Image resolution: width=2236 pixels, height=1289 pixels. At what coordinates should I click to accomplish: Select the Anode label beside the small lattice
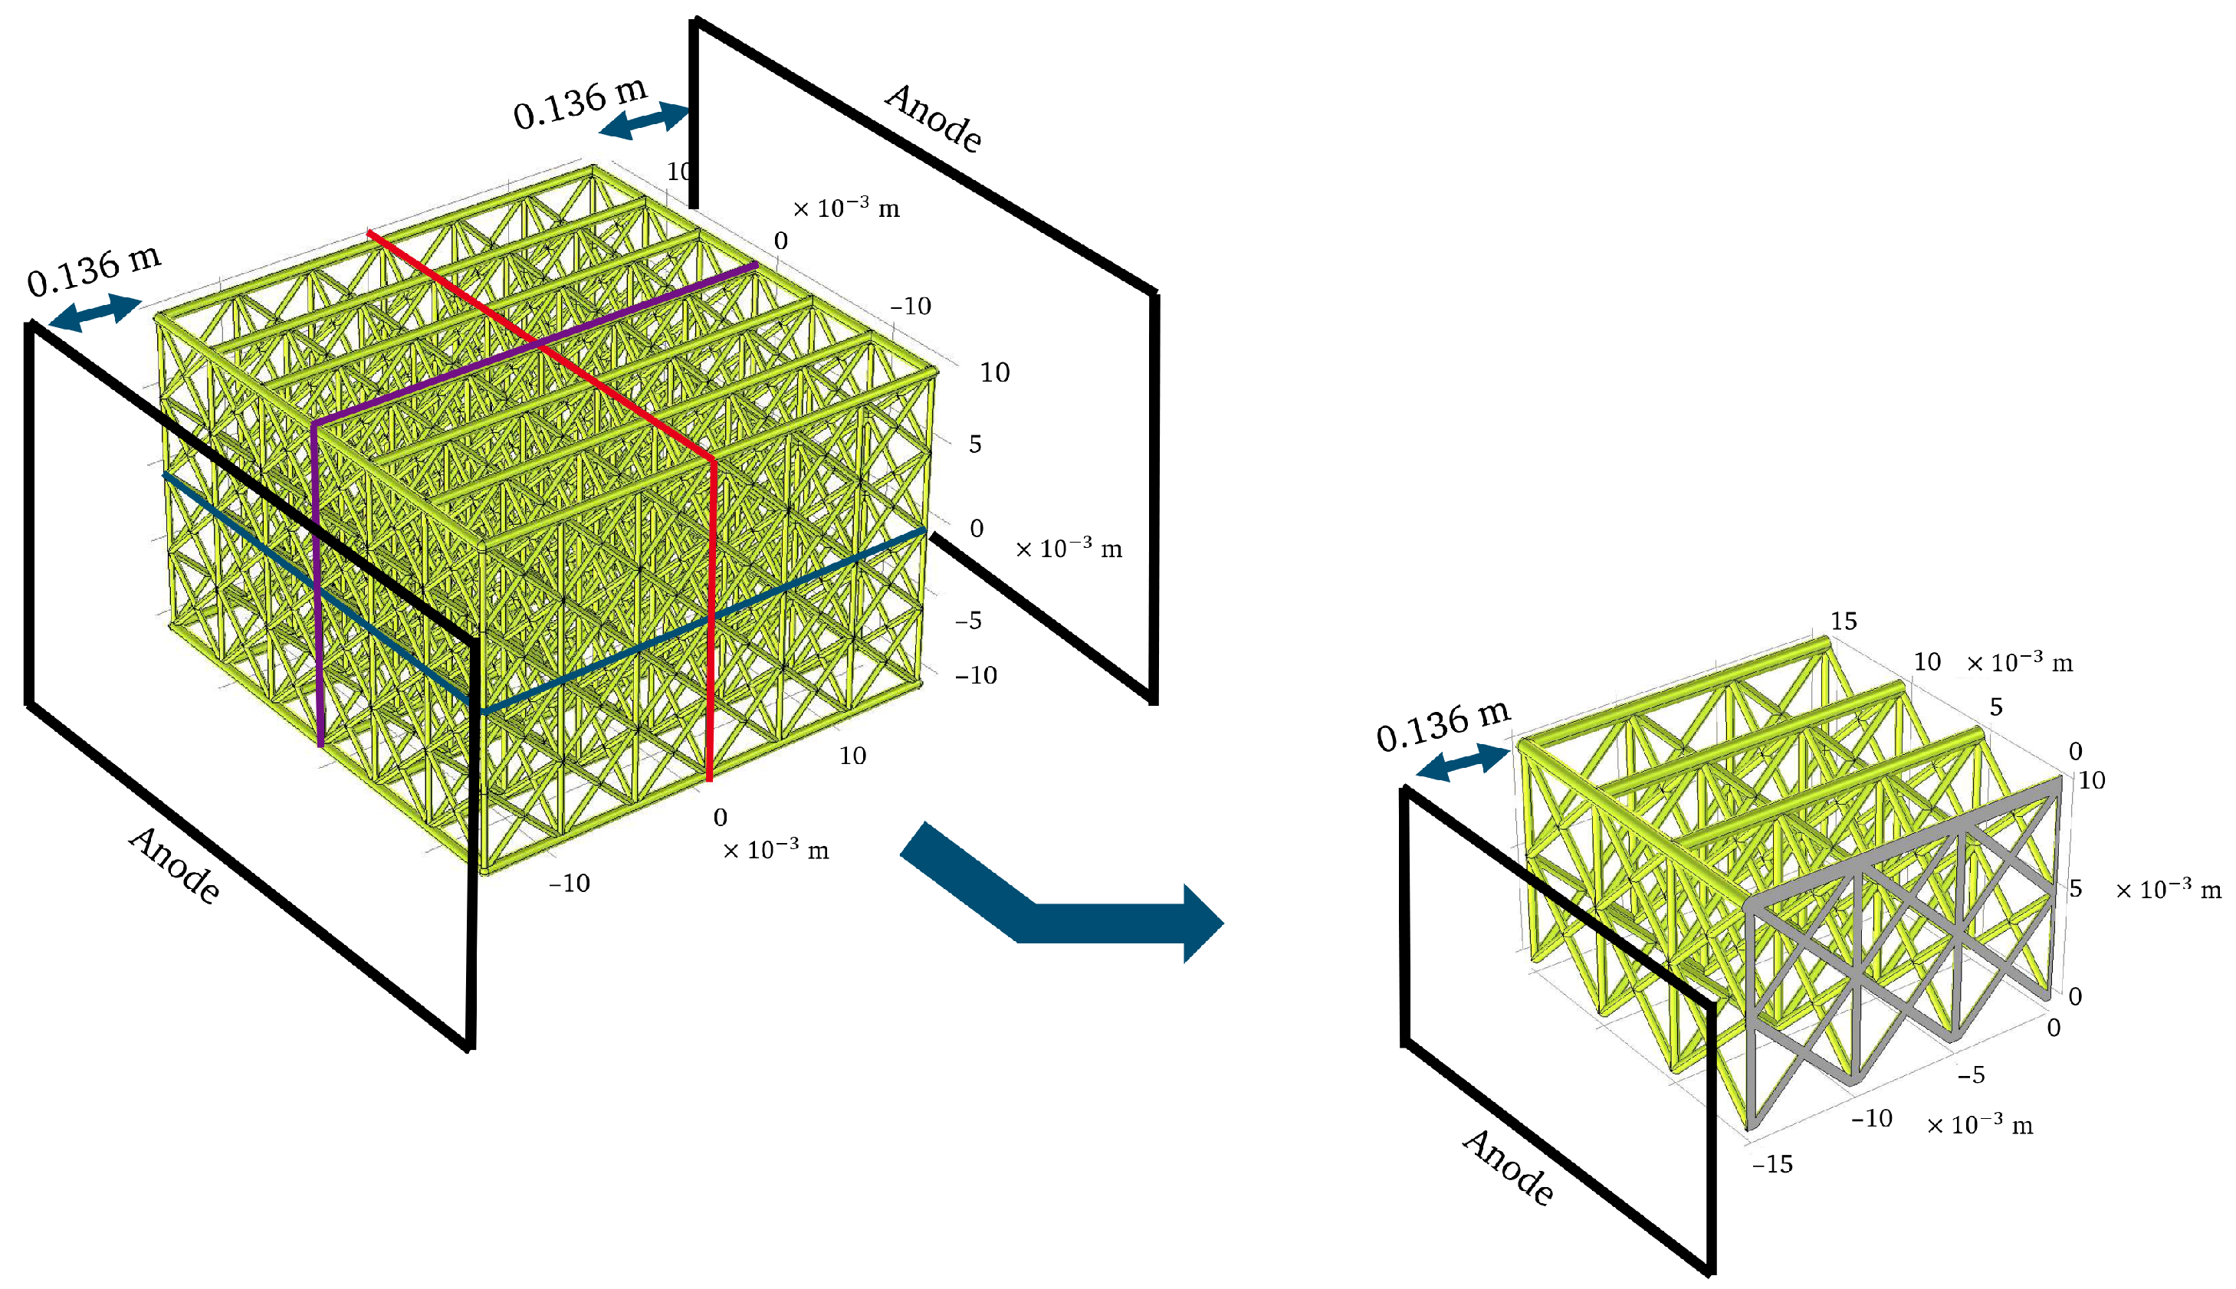click(x=1508, y=1167)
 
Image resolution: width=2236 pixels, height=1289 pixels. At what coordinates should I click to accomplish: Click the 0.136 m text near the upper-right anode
click(x=581, y=103)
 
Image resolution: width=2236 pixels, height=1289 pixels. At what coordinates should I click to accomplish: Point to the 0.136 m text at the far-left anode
click(x=94, y=270)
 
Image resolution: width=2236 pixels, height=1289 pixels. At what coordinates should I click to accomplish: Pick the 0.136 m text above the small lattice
click(x=1443, y=726)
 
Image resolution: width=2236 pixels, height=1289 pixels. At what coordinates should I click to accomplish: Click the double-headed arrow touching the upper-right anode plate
click(x=645, y=121)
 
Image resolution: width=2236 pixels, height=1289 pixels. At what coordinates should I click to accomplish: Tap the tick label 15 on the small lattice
click(x=1844, y=621)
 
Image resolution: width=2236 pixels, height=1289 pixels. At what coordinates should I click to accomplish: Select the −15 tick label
click(x=1772, y=1164)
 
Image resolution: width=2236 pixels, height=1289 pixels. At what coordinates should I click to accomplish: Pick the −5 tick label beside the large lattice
click(x=968, y=621)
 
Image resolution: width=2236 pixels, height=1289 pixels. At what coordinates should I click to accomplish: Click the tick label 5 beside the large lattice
click(x=975, y=444)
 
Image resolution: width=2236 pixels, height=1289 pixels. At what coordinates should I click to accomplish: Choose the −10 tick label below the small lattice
click(x=1871, y=1118)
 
